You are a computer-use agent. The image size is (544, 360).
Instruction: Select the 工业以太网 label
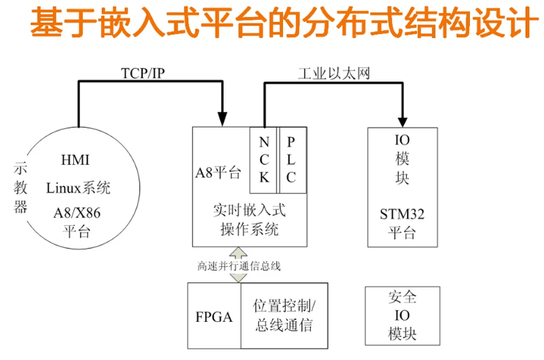pyautogui.click(x=334, y=73)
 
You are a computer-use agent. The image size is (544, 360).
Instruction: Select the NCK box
pyautogui.click(x=264, y=159)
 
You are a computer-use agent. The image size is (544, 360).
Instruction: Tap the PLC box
pyautogui.click(x=291, y=159)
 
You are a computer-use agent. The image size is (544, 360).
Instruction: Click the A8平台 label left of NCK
pyautogui.click(x=218, y=173)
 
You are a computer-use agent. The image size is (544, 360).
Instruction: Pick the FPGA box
pyautogui.click(x=214, y=317)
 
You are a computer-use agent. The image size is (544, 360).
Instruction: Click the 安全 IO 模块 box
pyautogui.click(x=402, y=316)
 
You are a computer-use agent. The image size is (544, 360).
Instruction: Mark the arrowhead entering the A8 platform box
pyautogui.click(x=223, y=118)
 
